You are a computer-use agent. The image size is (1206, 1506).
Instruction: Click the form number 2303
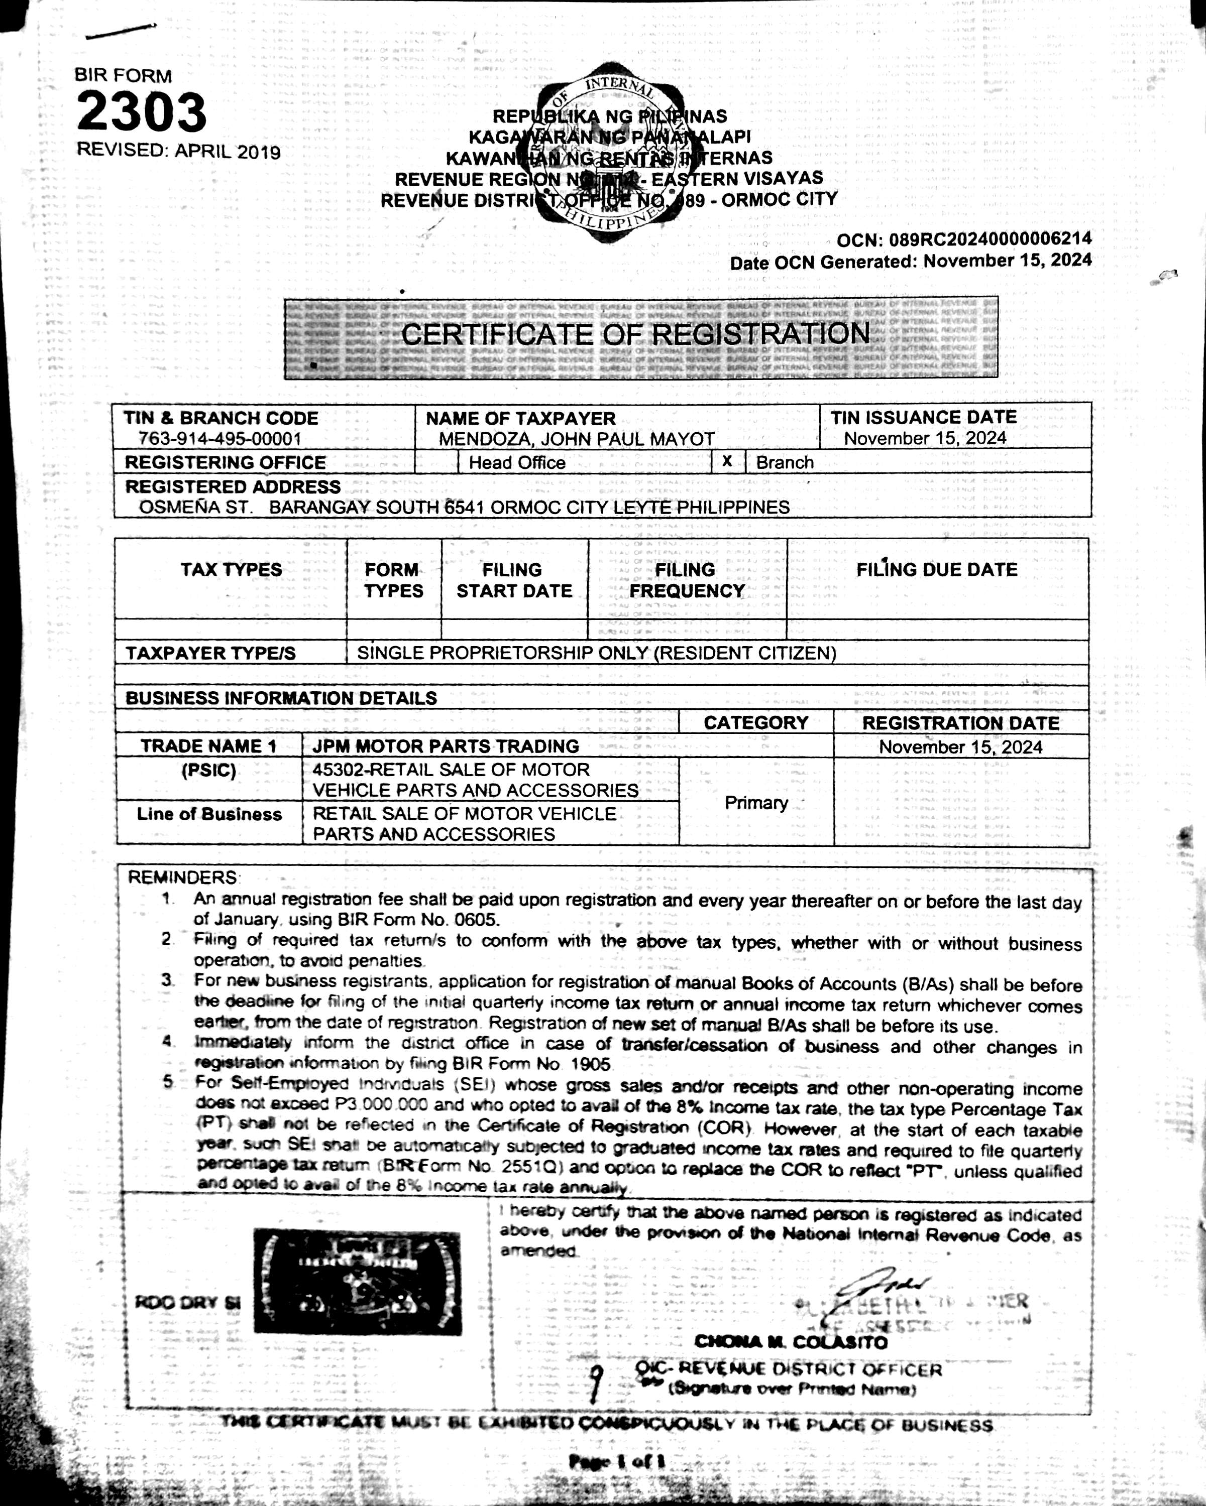point(141,112)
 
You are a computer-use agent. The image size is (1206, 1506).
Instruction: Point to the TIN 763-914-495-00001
point(220,439)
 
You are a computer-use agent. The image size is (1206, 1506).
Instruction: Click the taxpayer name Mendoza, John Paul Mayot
point(577,439)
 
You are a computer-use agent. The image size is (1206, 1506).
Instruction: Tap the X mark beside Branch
point(727,461)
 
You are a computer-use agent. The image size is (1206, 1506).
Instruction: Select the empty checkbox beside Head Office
point(436,462)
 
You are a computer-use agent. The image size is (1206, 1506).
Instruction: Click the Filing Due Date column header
point(936,569)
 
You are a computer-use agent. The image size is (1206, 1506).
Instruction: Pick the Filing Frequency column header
point(686,580)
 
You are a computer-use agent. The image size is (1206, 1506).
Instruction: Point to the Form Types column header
point(393,580)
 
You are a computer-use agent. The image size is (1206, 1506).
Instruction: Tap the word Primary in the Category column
point(755,803)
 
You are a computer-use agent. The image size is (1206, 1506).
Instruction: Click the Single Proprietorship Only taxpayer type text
point(596,653)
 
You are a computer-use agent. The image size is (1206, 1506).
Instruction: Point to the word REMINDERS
point(182,877)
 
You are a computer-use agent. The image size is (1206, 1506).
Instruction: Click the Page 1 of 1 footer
point(616,1461)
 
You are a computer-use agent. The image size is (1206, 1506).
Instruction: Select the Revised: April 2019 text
point(178,151)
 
